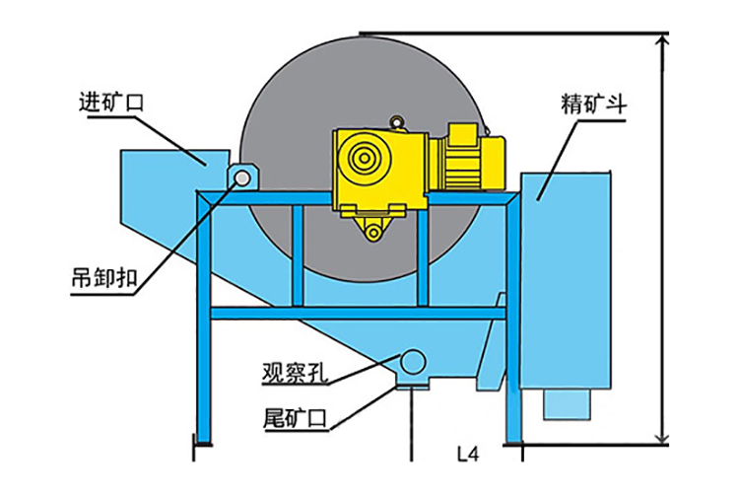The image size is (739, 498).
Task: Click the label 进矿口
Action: point(110,103)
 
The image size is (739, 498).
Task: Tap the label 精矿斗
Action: point(594,105)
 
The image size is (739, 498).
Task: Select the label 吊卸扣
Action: point(103,278)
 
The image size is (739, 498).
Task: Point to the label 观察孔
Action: point(295,372)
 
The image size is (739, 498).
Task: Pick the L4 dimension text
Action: point(468,455)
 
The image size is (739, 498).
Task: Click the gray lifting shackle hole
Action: point(242,178)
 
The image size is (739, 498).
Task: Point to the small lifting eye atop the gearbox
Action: point(398,122)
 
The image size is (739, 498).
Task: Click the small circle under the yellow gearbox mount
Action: point(373,232)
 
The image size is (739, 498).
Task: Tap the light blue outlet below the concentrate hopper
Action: point(567,404)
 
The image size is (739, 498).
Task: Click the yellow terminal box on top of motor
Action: point(464,133)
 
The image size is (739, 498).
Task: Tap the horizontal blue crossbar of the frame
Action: point(358,314)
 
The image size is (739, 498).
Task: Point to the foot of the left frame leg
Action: point(203,443)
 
